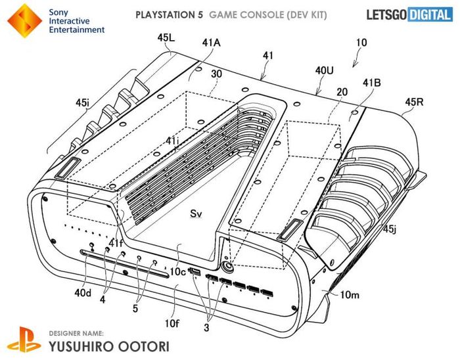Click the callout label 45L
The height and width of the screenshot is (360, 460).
[166, 37]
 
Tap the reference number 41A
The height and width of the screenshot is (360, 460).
[211, 43]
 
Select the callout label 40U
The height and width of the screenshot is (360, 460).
[325, 70]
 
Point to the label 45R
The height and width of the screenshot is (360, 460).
[415, 102]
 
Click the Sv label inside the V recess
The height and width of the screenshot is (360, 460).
[196, 214]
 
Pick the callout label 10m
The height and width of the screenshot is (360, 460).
[350, 294]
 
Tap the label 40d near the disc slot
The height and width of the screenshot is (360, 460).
[83, 292]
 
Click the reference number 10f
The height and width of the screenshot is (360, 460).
[172, 323]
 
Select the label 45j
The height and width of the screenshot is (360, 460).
[390, 229]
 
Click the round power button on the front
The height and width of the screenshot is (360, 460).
[227, 267]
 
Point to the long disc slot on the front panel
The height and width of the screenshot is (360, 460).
[125, 263]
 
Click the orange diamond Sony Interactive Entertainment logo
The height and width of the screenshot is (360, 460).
[25, 20]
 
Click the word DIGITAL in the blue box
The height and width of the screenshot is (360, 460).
[430, 14]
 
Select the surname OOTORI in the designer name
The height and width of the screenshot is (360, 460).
[144, 346]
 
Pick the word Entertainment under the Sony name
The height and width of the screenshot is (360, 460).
[77, 30]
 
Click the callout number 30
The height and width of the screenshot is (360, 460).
[216, 74]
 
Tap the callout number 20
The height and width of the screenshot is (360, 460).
[342, 92]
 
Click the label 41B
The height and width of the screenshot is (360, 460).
[372, 83]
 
